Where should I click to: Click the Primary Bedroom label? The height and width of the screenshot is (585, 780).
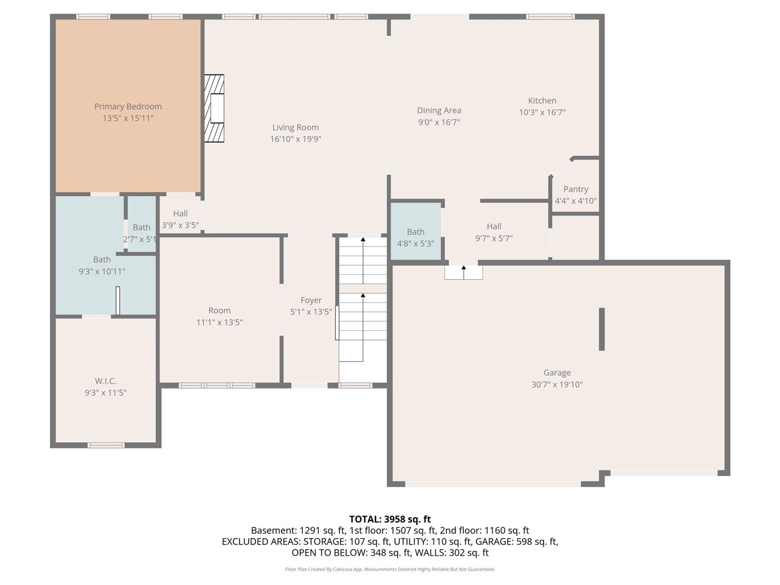(x=128, y=107)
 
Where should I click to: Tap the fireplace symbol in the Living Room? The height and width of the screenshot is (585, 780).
(x=214, y=108)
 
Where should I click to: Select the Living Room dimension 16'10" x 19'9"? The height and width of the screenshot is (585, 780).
(x=296, y=139)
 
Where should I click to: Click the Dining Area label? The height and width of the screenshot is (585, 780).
(x=439, y=110)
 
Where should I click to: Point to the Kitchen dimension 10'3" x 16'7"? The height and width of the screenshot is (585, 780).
(x=542, y=112)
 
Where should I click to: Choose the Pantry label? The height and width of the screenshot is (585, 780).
(x=576, y=189)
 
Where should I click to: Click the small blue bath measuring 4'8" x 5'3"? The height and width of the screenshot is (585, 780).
(x=416, y=238)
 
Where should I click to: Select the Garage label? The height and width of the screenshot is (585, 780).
(x=557, y=372)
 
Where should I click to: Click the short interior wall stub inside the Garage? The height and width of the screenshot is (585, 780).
(x=602, y=329)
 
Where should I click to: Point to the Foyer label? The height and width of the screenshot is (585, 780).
(x=311, y=300)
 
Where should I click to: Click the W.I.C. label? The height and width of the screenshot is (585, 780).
(x=105, y=381)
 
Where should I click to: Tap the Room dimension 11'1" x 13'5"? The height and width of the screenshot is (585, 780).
(x=219, y=322)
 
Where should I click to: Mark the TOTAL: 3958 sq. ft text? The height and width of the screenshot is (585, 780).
(x=390, y=519)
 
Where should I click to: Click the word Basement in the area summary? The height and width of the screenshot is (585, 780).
(x=272, y=530)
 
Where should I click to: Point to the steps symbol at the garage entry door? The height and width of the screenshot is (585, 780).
(x=464, y=272)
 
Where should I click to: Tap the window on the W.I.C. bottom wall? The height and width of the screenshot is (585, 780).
(x=106, y=445)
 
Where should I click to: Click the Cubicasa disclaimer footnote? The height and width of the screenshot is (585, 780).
(x=390, y=569)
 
